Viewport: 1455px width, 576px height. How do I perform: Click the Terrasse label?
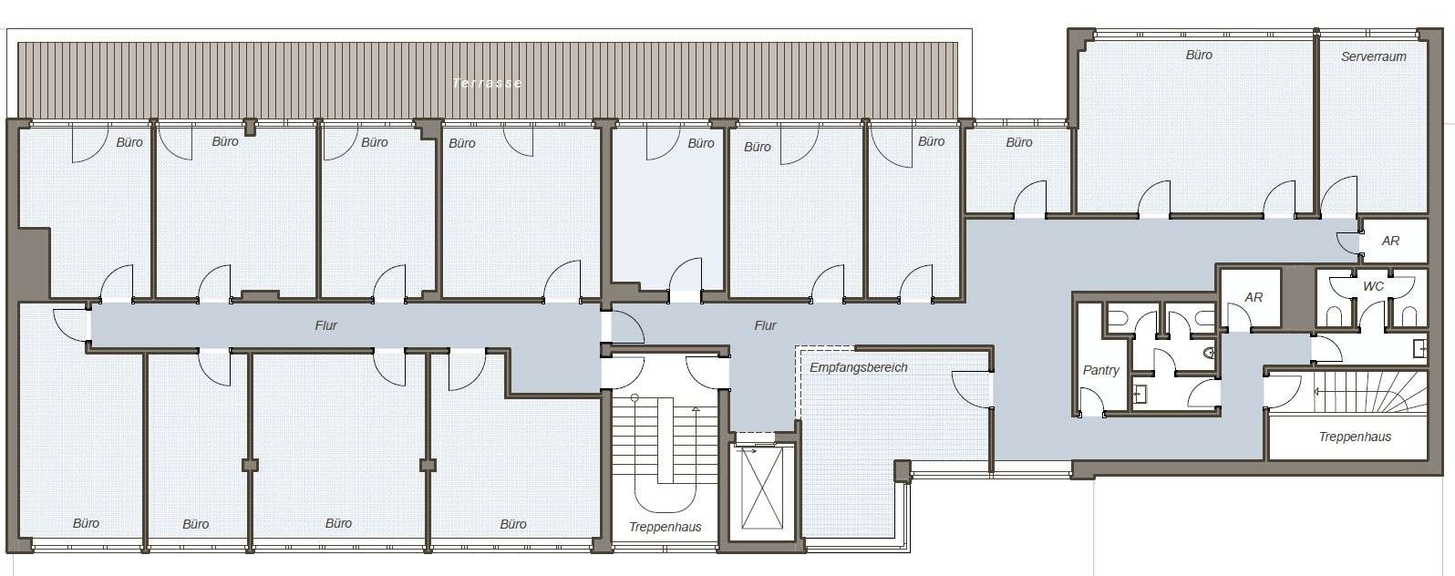[487, 83]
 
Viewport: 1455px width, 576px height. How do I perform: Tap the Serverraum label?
[1373, 57]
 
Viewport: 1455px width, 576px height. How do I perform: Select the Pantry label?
[1100, 370]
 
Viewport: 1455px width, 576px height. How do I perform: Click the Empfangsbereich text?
[858, 367]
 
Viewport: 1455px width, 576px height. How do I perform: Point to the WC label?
[1373, 286]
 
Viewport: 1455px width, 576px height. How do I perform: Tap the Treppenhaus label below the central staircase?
[666, 527]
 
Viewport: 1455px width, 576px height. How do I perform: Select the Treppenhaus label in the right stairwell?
[1355, 437]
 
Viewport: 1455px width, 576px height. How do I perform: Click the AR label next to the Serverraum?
[1390, 241]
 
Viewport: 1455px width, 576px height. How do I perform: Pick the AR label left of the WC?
[1253, 297]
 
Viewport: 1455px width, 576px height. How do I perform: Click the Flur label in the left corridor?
[326, 325]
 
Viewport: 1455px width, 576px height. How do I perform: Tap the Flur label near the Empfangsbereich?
[765, 325]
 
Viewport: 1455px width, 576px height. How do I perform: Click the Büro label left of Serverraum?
[1199, 56]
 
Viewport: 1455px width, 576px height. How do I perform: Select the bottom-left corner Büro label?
[86, 523]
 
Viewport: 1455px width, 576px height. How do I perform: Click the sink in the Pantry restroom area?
[1140, 392]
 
